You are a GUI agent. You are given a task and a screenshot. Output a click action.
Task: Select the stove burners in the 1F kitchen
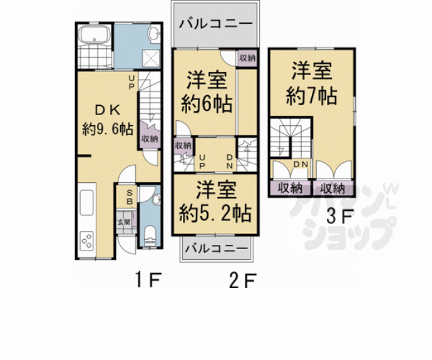(x=86, y=240)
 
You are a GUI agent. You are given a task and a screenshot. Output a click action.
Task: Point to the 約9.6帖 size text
(x=106, y=130)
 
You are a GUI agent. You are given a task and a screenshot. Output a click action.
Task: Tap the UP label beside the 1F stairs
(x=132, y=82)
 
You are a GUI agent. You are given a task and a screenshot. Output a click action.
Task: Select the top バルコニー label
(x=215, y=24)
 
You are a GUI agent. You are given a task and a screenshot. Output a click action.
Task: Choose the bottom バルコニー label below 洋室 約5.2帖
(x=216, y=248)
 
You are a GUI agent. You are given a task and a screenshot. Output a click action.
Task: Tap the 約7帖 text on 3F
(x=311, y=96)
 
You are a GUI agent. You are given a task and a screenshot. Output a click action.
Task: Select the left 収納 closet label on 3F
(x=287, y=187)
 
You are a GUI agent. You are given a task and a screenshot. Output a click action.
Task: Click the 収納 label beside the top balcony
(x=247, y=58)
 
